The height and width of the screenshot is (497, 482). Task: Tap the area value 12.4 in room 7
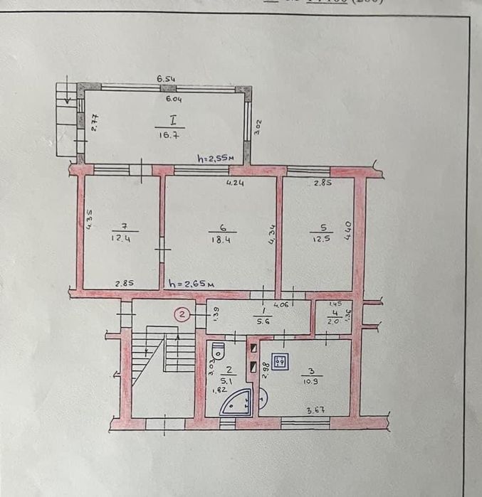tap(120, 239)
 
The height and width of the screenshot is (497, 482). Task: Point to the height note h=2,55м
tap(216, 159)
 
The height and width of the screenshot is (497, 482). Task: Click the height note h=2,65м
tap(192, 284)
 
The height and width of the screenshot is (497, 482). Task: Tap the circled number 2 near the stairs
tap(183, 313)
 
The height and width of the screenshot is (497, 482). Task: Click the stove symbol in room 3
tap(281, 362)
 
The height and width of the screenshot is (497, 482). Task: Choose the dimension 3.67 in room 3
tap(316, 410)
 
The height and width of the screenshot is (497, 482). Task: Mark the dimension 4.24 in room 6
tap(235, 183)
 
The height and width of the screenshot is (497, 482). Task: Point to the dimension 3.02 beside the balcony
tap(258, 127)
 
